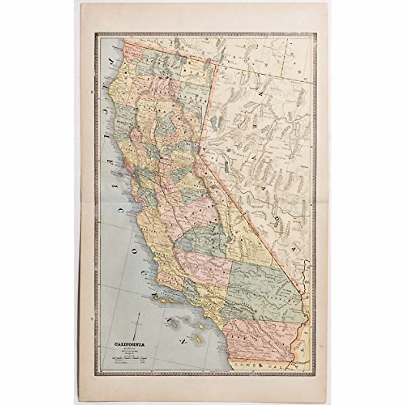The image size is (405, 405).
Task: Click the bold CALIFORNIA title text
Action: click(x=130, y=345)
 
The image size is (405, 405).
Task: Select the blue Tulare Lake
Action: click(x=187, y=243)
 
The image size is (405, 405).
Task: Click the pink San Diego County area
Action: click(x=256, y=337)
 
